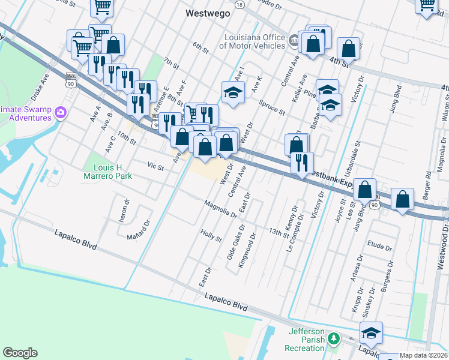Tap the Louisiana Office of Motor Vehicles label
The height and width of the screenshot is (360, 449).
(x=252, y=41)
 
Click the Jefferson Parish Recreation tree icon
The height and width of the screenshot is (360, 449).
(x=334, y=340)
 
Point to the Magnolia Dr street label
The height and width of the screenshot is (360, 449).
(x=220, y=209)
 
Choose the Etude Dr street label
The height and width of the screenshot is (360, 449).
(x=379, y=247)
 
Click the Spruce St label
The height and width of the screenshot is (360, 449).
(x=272, y=106)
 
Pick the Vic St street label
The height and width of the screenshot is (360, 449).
(x=155, y=166)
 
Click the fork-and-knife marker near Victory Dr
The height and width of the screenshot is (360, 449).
(x=301, y=162)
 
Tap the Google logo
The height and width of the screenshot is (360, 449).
(x=20, y=353)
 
